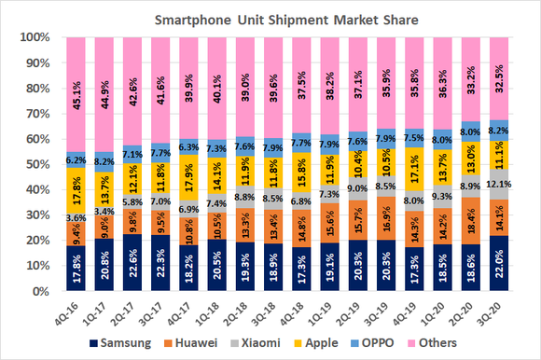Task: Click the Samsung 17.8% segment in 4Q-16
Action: (x=78, y=269)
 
